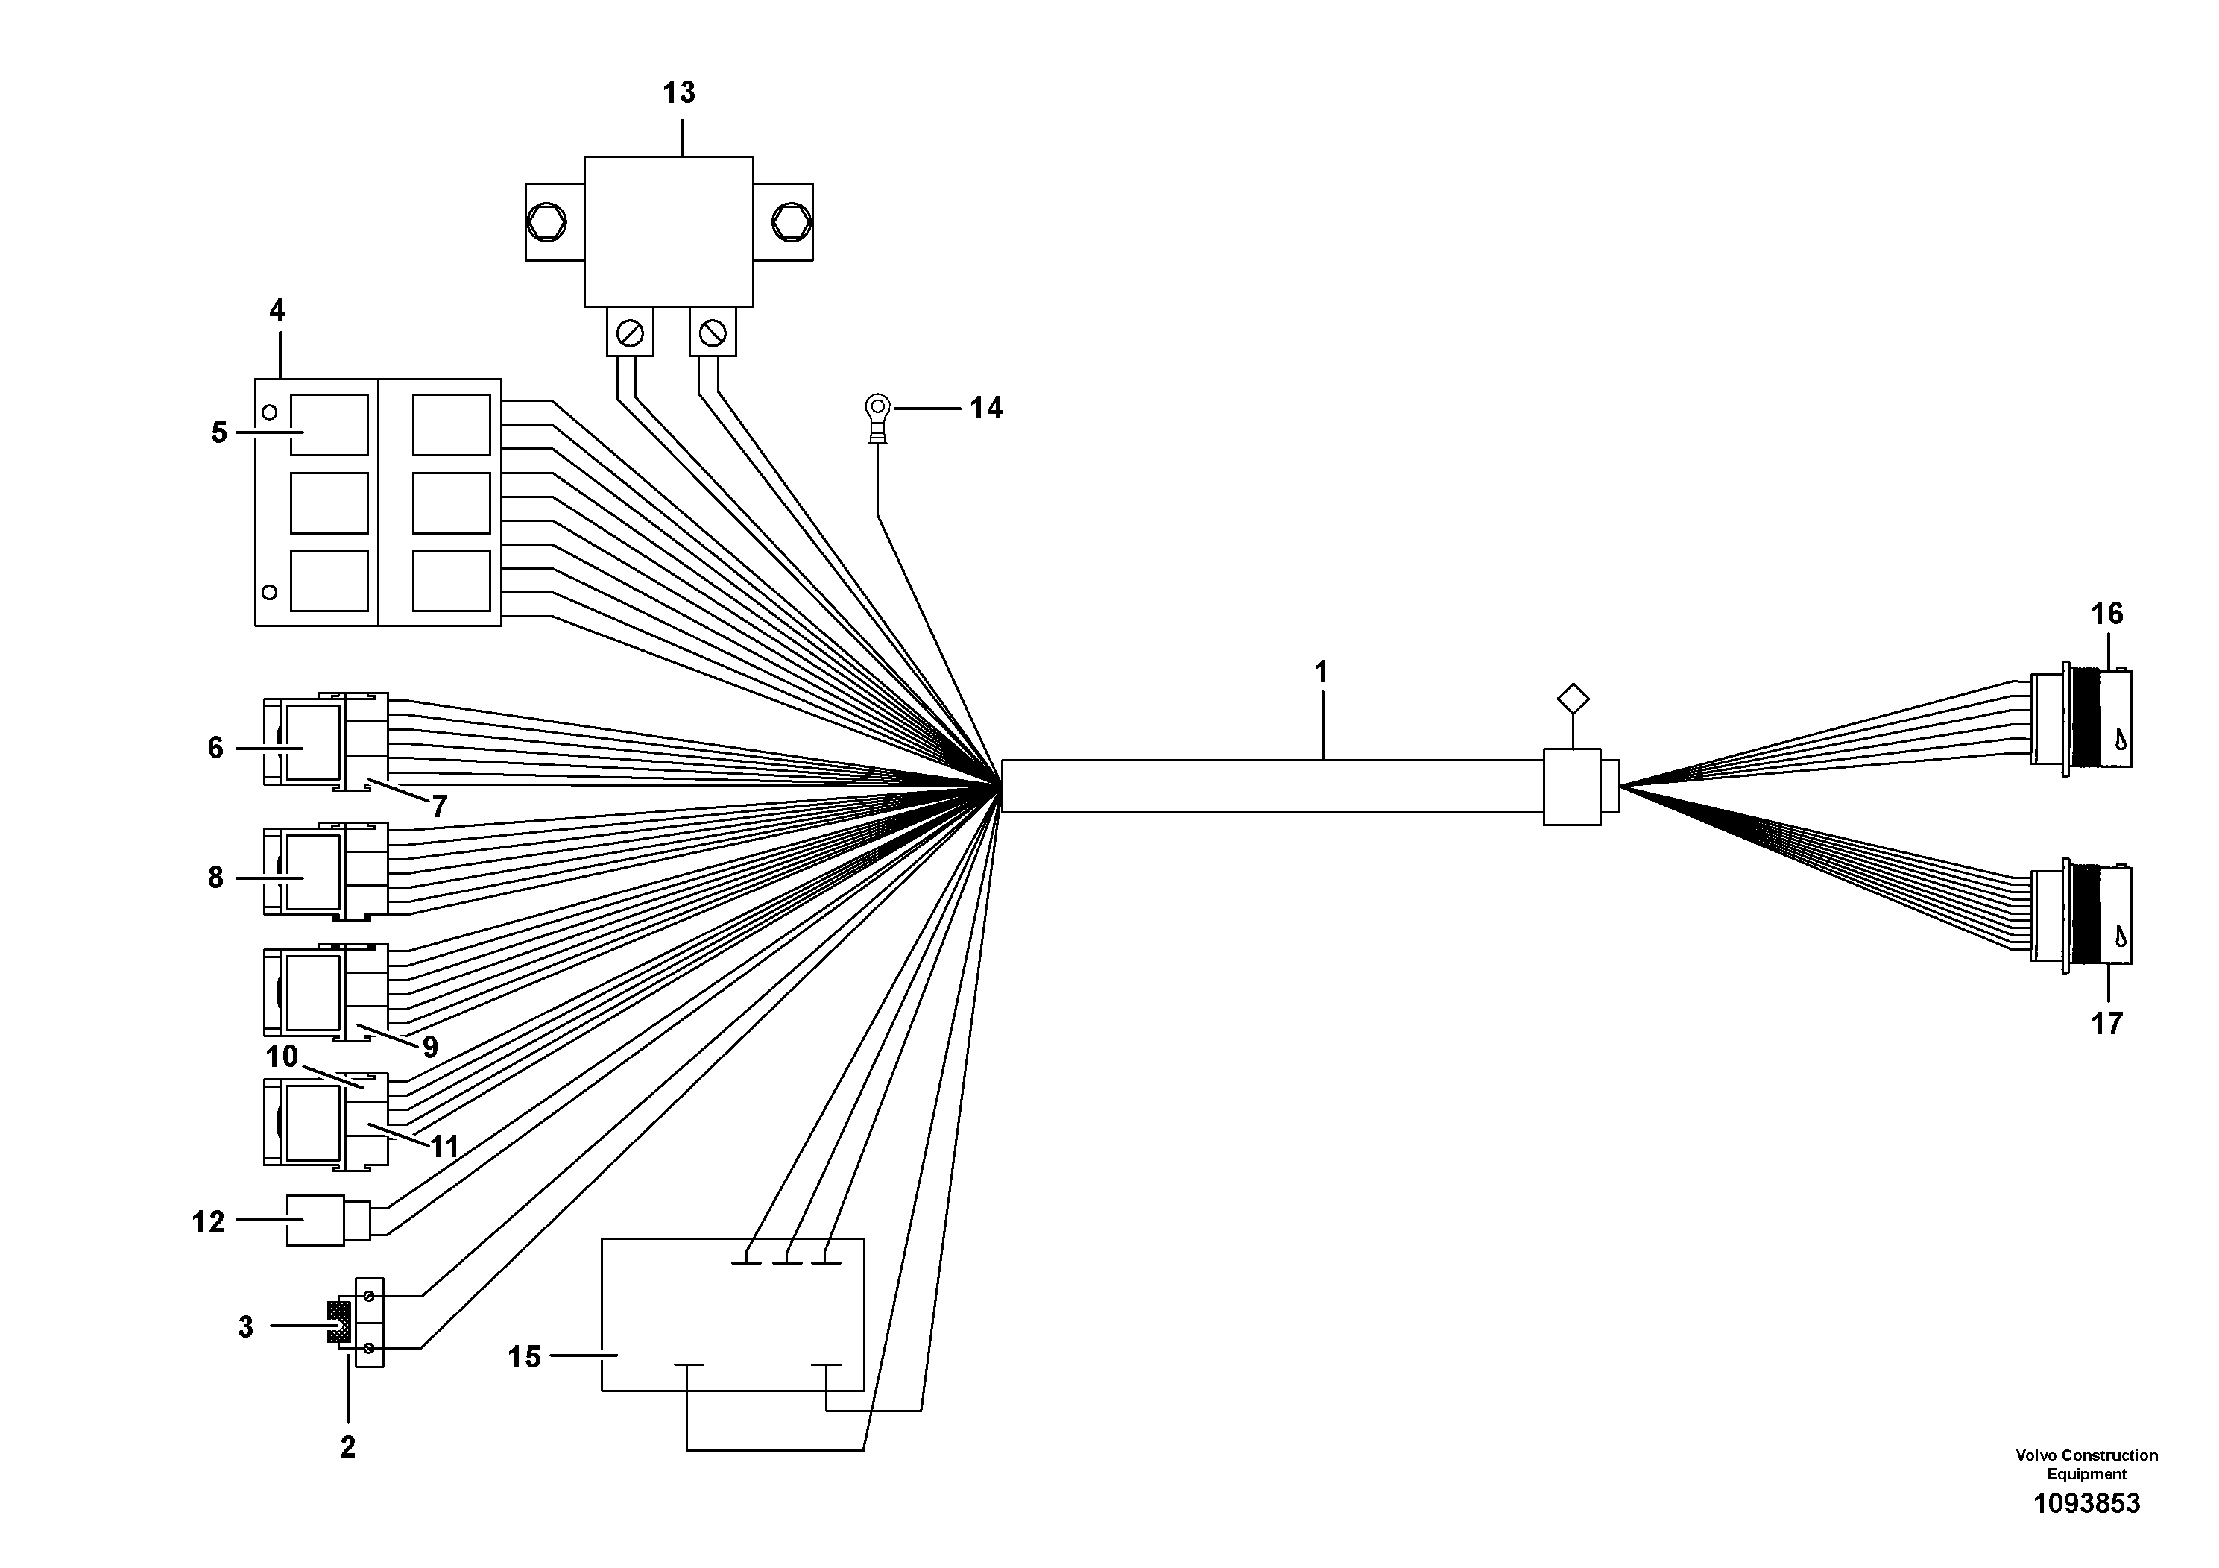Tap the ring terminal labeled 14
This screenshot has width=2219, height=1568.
tap(877, 417)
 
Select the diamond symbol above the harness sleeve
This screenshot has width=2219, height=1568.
tap(1573, 699)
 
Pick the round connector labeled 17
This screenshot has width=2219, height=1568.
tap(2081, 915)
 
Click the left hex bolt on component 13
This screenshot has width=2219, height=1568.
tap(547, 222)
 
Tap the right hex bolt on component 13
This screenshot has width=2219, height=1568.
tap(791, 222)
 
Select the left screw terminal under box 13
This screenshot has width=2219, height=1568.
tap(630, 333)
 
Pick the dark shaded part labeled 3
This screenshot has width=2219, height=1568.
tap(339, 1321)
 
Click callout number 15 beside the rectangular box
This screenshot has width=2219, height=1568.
tap(524, 1357)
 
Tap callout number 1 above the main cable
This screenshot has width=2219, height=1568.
tap(1321, 672)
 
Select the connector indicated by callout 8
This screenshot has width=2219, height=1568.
tap(326, 870)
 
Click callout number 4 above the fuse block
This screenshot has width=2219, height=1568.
tap(277, 310)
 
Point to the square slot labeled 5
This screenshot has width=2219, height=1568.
tap(329, 424)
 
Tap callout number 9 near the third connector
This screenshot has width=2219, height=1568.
tap(430, 1046)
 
